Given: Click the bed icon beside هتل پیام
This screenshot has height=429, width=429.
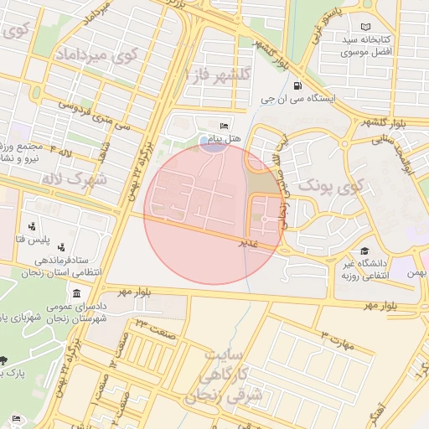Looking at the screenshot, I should (x=223, y=124).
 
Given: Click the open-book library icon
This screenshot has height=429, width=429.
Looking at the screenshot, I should (x=364, y=27).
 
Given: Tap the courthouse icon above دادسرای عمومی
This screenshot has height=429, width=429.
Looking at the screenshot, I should (x=77, y=294).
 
